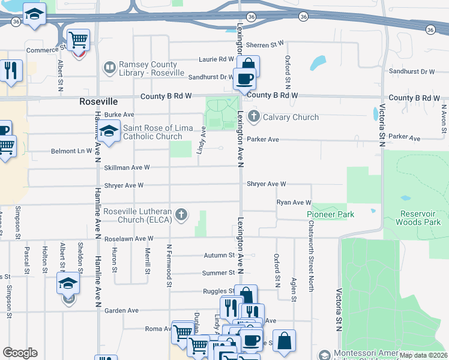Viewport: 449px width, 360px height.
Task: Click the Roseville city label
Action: (97, 102)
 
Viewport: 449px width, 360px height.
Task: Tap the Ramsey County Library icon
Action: (110, 67)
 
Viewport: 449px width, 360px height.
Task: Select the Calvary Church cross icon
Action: (253, 116)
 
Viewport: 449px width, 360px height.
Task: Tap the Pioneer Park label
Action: (330, 214)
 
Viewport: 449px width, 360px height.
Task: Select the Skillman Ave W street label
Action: (126, 167)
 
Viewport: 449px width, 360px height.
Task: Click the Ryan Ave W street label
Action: (294, 203)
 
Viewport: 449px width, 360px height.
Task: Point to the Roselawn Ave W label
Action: (130, 238)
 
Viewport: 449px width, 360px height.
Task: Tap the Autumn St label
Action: (218, 255)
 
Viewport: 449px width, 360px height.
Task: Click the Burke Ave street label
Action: (119, 114)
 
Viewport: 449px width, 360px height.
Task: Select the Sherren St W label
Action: (264, 44)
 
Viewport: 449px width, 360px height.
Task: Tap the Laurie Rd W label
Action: (217, 59)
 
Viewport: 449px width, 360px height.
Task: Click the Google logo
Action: (20, 353)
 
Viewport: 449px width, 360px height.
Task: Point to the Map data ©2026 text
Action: (423, 355)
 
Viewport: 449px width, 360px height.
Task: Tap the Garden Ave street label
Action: (121, 311)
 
